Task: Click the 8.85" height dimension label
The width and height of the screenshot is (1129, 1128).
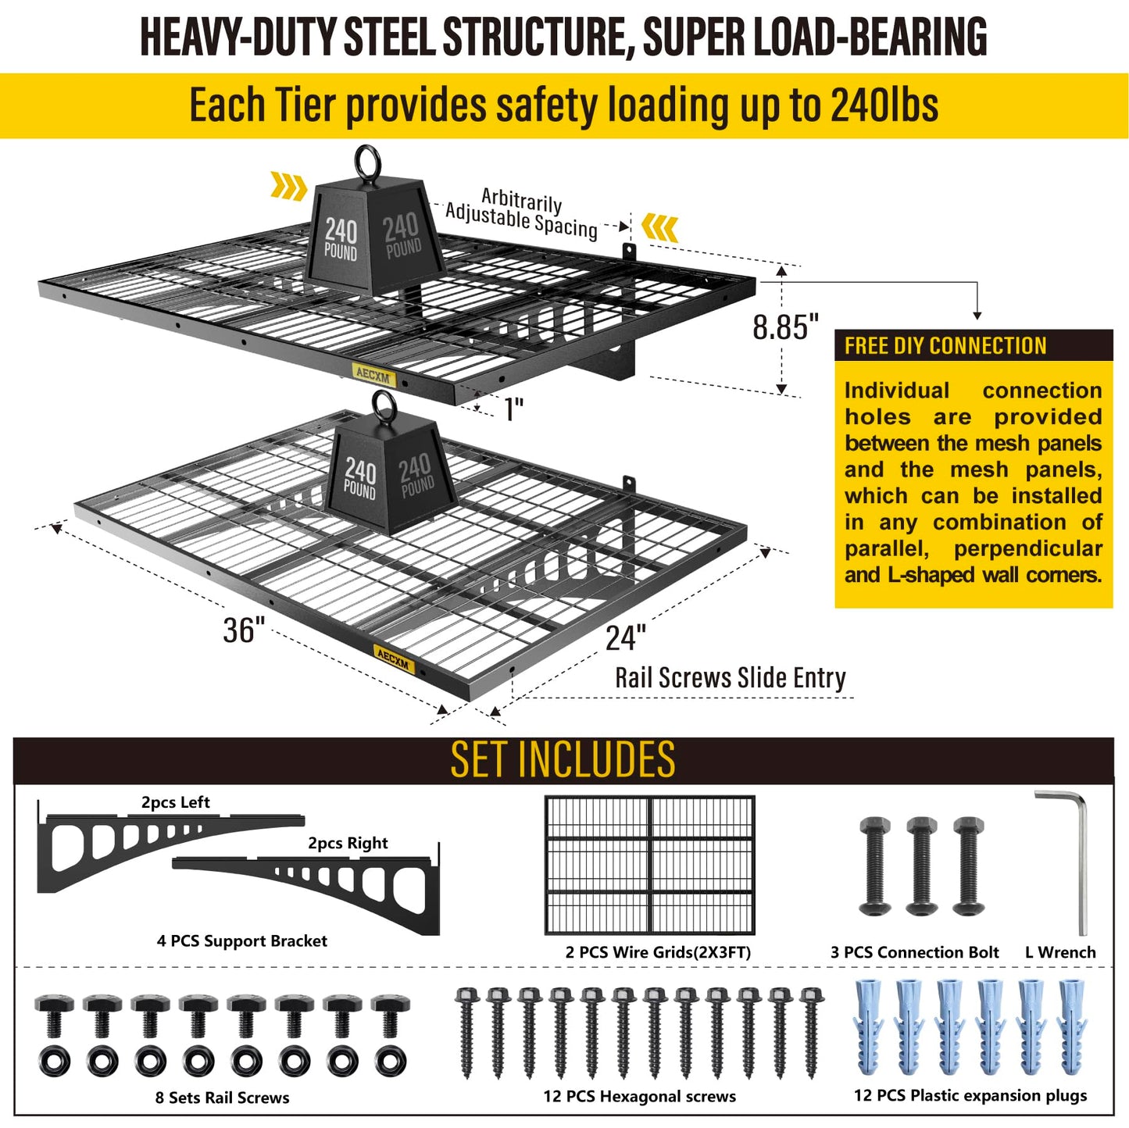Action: pyautogui.click(x=784, y=326)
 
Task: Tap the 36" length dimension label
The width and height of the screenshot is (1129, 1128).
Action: pyautogui.click(x=244, y=630)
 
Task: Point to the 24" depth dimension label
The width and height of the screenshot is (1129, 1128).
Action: pyautogui.click(x=626, y=637)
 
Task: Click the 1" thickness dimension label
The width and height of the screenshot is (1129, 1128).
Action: pyautogui.click(x=514, y=409)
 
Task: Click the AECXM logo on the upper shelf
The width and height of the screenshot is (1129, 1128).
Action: pyautogui.click(x=373, y=375)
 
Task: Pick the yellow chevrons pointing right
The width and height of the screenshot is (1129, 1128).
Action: pyautogui.click(x=288, y=187)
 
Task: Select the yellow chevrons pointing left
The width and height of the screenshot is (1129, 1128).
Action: pyautogui.click(x=660, y=227)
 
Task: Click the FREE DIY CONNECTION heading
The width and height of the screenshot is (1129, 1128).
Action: pyautogui.click(x=945, y=345)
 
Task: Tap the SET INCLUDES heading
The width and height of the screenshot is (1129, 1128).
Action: pyautogui.click(x=563, y=759)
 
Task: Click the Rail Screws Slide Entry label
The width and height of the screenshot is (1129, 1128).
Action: pyautogui.click(x=730, y=678)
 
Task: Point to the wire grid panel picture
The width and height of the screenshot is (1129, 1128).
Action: pyautogui.click(x=650, y=864)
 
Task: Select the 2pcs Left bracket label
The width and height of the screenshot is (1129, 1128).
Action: pyautogui.click(x=175, y=802)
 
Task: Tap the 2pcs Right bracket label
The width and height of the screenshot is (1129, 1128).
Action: pyautogui.click(x=348, y=843)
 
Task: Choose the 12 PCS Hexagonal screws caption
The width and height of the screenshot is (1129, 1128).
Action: pyautogui.click(x=639, y=1096)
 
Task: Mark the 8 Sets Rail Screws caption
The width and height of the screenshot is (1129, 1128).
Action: pyautogui.click(x=222, y=1098)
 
